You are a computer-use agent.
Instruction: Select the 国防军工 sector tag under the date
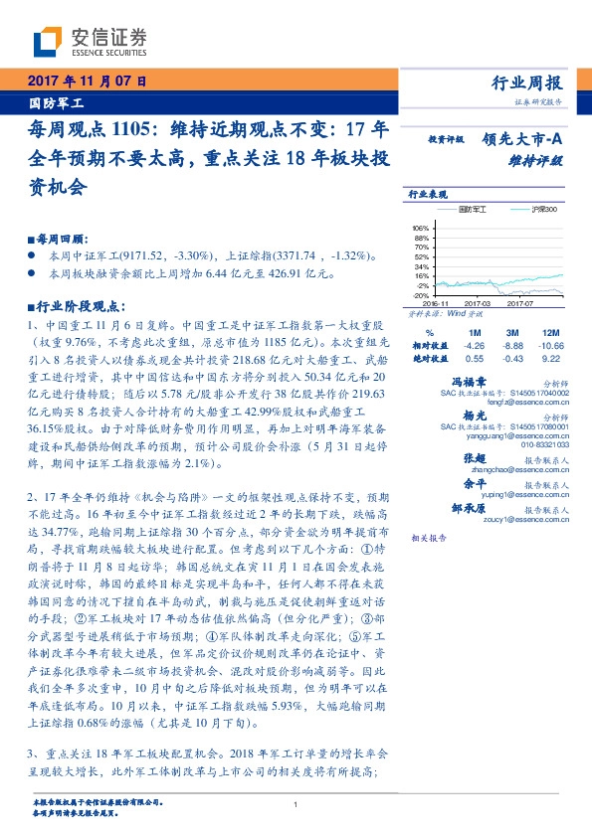coord(54,102)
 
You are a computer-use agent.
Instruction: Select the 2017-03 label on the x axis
coord(479,303)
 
